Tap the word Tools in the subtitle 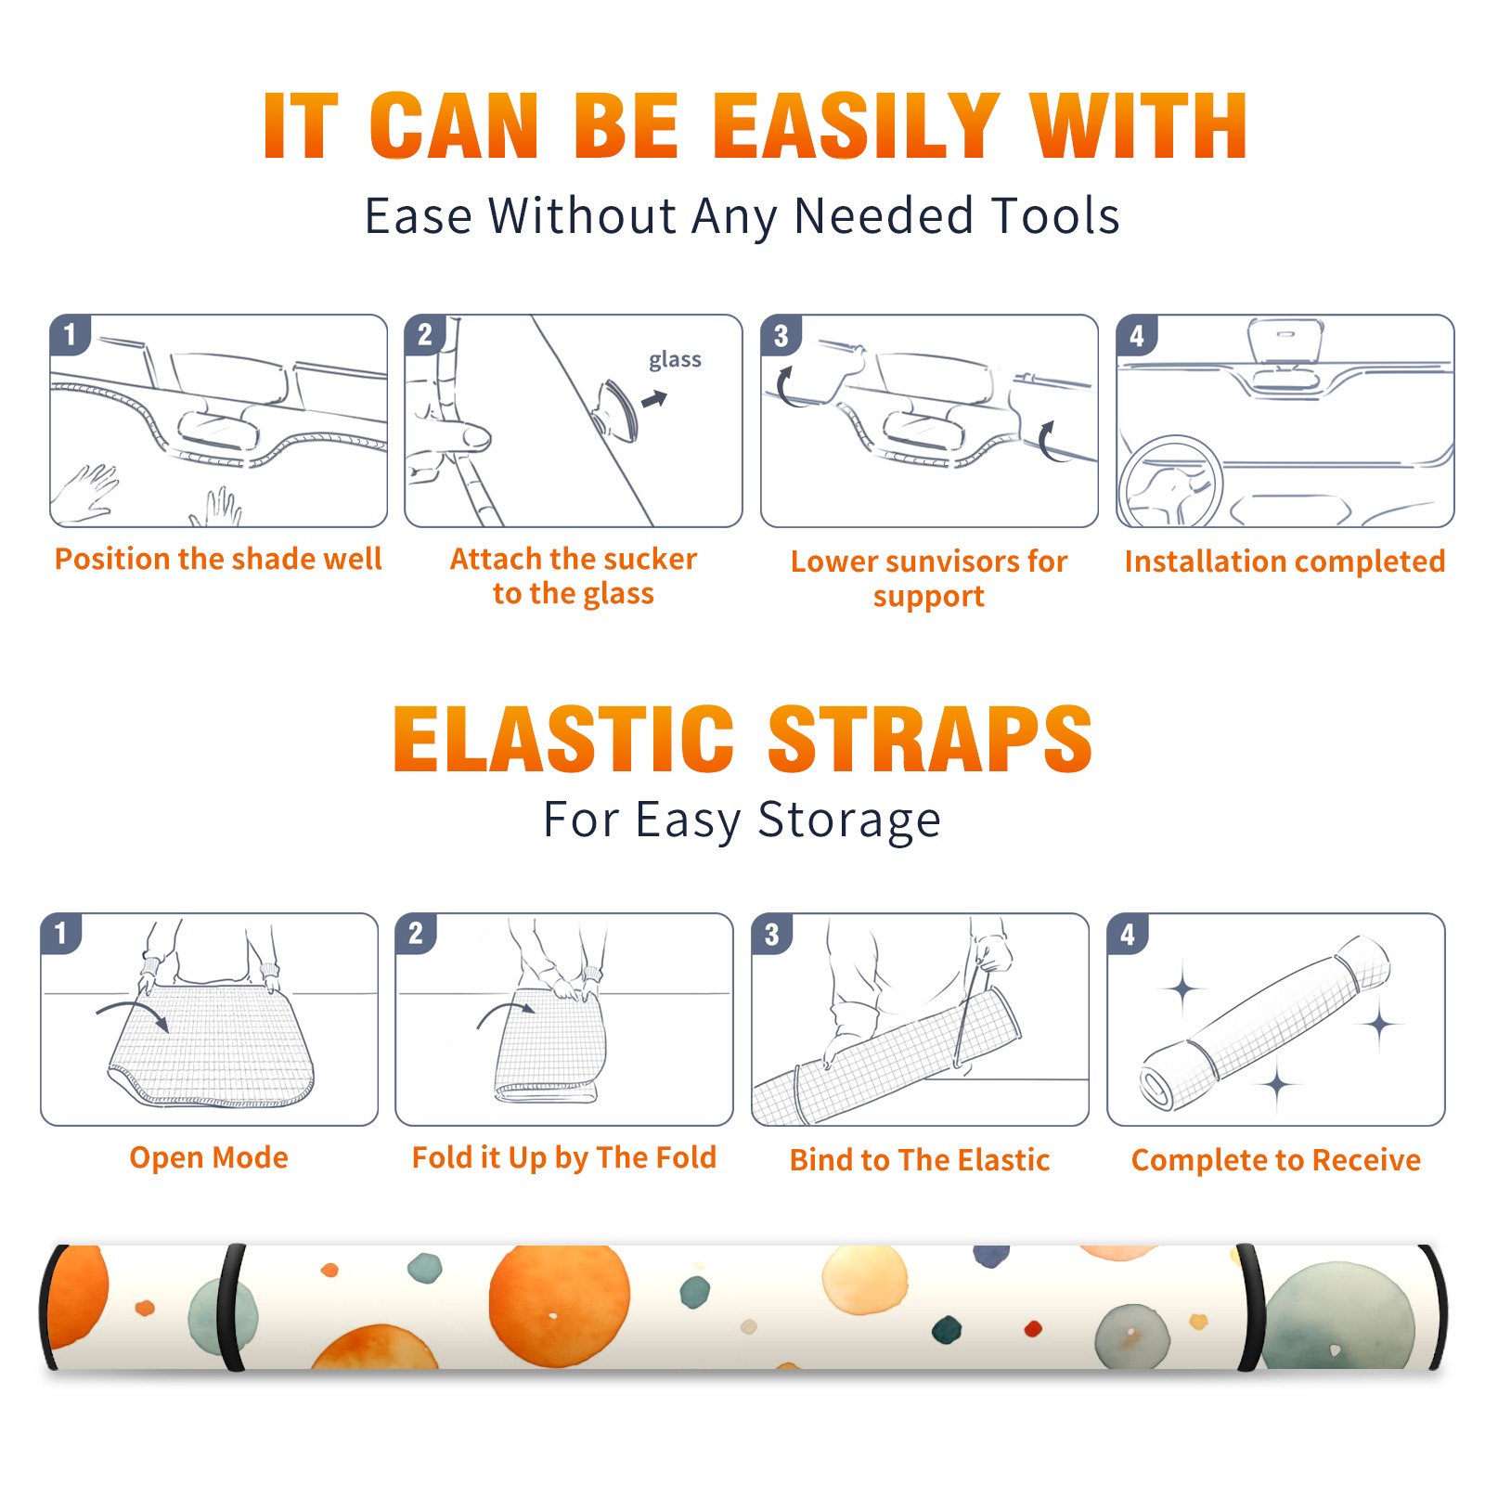tap(1055, 215)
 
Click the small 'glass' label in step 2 tap(675, 360)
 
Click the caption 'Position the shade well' tap(218, 559)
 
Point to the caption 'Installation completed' tap(1285, 562)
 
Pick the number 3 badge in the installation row tap(781, 335)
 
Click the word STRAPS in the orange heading tap(930, 739)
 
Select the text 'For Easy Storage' tap(742, 820)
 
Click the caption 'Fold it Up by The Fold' tap(564, 1158)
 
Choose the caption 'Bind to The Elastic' tap(920, 1160)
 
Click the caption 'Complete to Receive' tap(1276, 1160)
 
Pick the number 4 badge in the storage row tap(1128, 934)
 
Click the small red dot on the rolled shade tap(1033, 1329)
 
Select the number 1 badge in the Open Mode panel tap(61, 934)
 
